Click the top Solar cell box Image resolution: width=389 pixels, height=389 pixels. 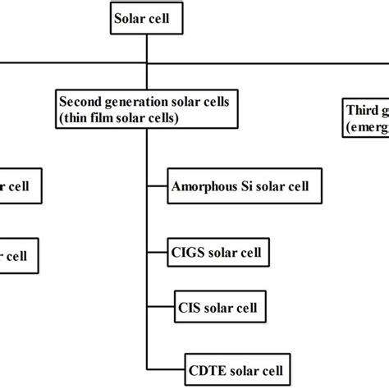(x=144, y=19)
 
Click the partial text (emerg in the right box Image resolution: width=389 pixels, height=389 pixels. (x=365, y=126)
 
